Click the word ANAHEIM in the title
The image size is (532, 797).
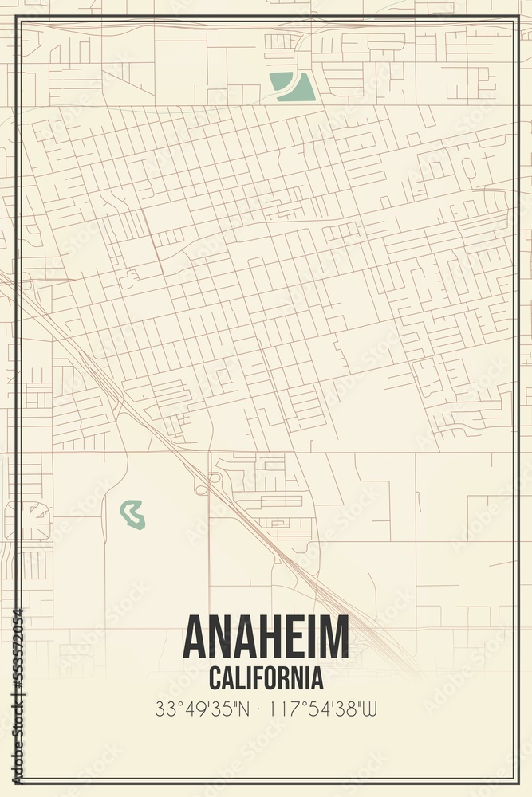(x=266, y=638)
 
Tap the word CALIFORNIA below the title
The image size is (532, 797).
(x=266, y=678)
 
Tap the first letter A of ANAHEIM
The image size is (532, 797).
(x=195, y=638)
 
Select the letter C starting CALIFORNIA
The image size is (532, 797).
(x=215, y=678)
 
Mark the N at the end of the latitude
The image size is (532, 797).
(x=249, y=708)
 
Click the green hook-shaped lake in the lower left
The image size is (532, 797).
(x=132, y=515)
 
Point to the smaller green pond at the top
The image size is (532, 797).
(x=280, y=80)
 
